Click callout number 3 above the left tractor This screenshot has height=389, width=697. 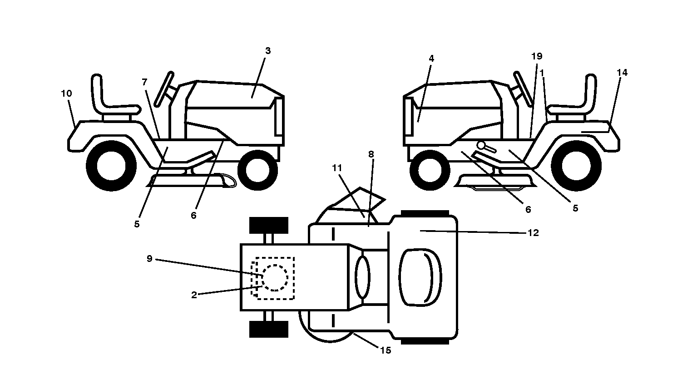tap(268, 51)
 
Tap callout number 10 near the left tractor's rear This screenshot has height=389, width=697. tap(66, 94)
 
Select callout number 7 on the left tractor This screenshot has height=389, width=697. tap(144, 82)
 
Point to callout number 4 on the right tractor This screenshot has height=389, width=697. tap(431, 59)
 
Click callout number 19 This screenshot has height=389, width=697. tap(537, 56)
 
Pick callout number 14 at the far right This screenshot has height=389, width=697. tap(622, 73)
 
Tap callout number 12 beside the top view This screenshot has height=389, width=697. tap(534, 232)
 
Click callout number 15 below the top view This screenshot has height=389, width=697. tap(386, 350)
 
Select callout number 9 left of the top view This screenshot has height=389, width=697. tap(149, 259)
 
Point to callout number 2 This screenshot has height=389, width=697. tap(194, 295)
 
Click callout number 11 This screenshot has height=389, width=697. tap(337, 168)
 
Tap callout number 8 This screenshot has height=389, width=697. tap(371, 154)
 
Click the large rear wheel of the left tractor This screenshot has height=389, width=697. tap(111, 166)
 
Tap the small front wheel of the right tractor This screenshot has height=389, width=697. tap(430, 170)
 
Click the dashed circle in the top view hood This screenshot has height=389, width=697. tap(275, 278)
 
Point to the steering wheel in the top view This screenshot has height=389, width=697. tap(362, 277)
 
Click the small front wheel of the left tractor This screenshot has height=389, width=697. tap(257, 170)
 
